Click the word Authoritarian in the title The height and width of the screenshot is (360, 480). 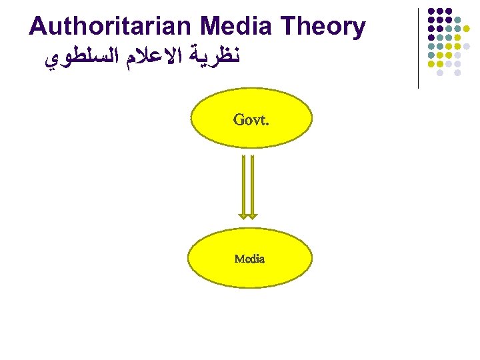click(111, 27)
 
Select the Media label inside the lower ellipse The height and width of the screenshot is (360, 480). click(249, 259)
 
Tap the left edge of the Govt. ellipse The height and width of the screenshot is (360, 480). click(192, 118)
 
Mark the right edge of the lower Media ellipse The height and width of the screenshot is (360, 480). click(311, 259)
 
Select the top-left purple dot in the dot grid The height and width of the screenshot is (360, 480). click(431, 11)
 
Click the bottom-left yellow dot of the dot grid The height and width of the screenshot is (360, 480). click(431, 63)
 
